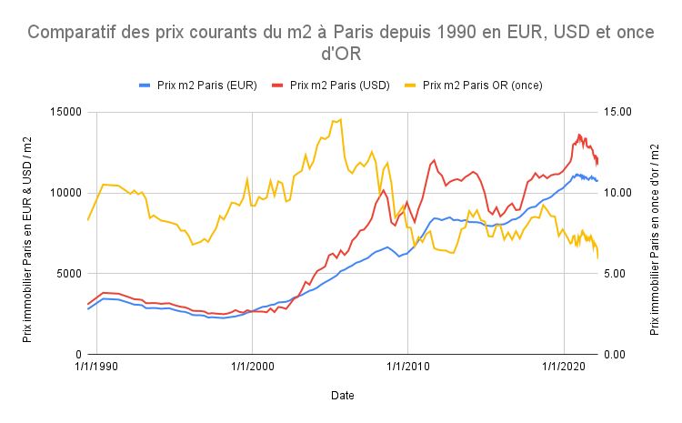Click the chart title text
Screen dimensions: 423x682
click(341, 43)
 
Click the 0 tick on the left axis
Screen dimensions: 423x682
click(79, 354)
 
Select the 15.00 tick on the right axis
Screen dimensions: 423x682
click(618, 112)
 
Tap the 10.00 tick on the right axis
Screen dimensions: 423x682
click(618, 193)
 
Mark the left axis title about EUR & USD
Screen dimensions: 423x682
click(28, 232)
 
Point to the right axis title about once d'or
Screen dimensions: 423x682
click(656, 232)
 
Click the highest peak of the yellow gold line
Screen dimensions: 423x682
click(340, 118)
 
